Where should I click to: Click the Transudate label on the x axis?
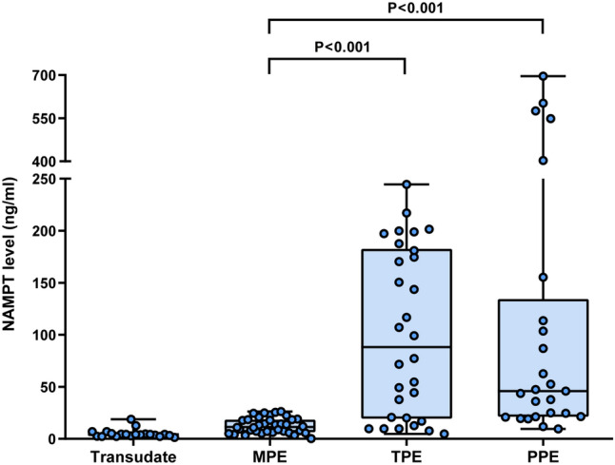[x=134, y=455]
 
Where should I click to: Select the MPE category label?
[x=269, y=455]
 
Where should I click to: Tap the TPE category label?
[x=406, y=455]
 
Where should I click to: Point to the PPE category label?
[x=542, y=455]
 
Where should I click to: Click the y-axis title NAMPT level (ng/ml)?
[x=12, y=258]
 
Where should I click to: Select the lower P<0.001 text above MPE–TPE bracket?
[x=338, y=46]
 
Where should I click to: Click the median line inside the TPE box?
[x=406, y=347]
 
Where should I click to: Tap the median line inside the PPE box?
[x=542, y=391]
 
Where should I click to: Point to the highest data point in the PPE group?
[x=543, y=76]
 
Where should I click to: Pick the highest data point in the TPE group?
[x=407, y=184]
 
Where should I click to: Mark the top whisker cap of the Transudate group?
[x=134, y=419]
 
